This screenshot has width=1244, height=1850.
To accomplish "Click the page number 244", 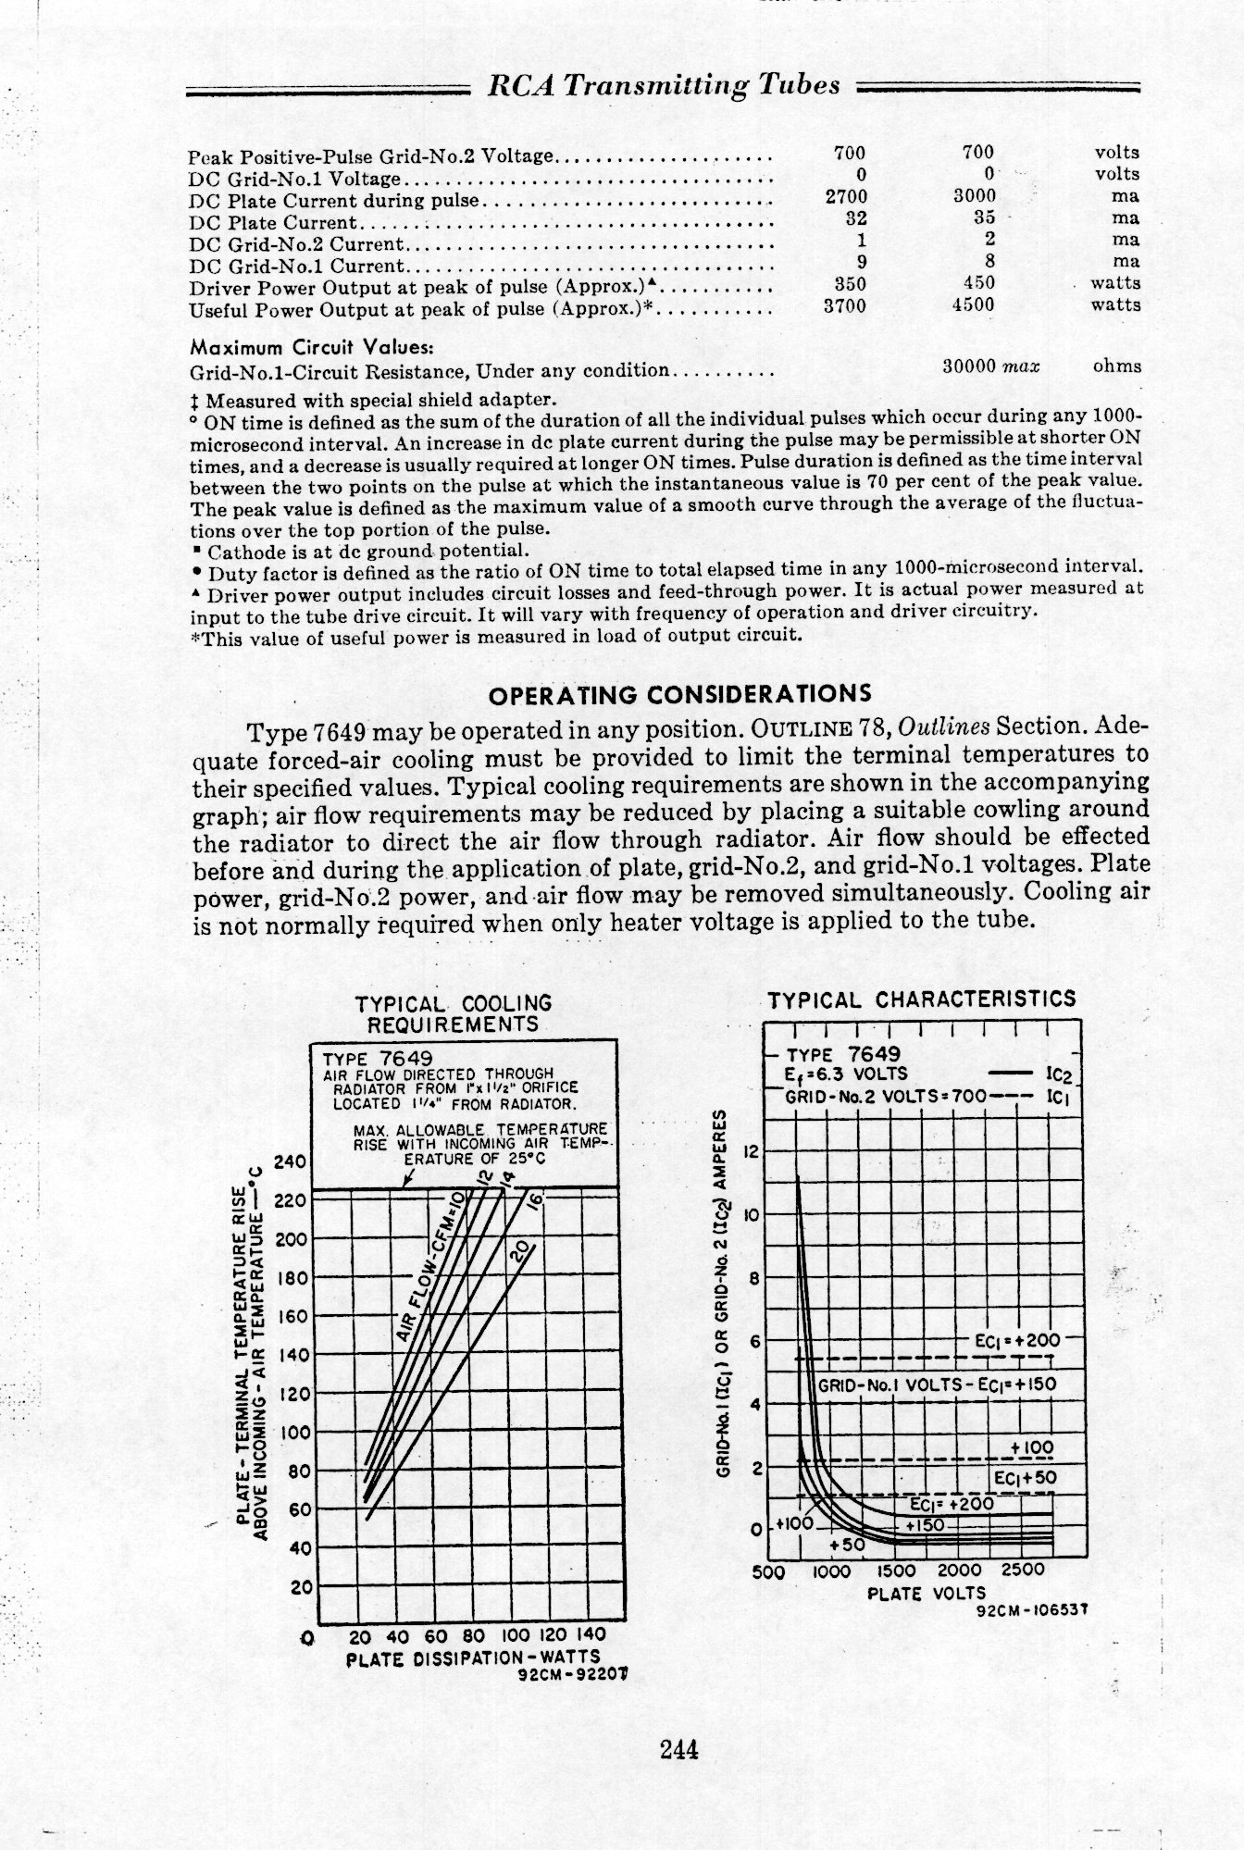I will click(x=678, y=1750).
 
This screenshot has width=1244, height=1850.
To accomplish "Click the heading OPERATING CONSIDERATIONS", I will click(x=679, y=694).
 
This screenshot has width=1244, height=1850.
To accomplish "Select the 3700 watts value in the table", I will click(x=844, y=305).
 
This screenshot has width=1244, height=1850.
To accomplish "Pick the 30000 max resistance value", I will click(x=990, y=366).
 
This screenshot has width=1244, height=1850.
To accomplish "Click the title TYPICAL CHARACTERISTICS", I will click(x=922, y=999).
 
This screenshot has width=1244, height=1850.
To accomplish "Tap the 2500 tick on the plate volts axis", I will click(x=1022, y=1571).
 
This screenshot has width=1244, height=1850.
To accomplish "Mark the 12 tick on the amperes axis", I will click(x=752, y=1153).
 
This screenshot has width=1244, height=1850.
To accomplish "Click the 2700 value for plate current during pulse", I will click(x=845, y=197).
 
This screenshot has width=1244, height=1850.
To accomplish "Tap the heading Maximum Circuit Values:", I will click(x=311, y=349).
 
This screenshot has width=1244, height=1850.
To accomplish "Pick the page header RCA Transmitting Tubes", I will click(x=664, y=86).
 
